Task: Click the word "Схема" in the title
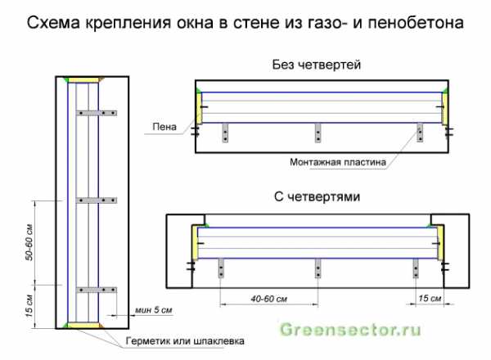point(53,23)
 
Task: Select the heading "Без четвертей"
point(316,65)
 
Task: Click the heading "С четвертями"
point(317,197)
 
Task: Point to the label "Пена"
point(164,127)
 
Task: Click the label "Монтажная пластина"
point(337,162)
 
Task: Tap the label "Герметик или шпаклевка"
point(185,341)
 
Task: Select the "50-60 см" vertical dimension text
point(29,242)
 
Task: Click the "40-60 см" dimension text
point(268,299)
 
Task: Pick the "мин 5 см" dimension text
point(154,310)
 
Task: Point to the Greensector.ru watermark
point(350,330)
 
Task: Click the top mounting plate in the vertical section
point(97,113)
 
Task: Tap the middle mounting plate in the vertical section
point(97,200)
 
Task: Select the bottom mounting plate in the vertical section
point(97,290)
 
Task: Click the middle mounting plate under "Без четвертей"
point(318,133)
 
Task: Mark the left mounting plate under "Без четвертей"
point(225,133)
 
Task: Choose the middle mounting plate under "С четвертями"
point(318,268)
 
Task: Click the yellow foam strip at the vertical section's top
point(83,80)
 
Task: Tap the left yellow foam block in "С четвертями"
point(195,243)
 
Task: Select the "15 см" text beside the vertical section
point(29,306)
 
